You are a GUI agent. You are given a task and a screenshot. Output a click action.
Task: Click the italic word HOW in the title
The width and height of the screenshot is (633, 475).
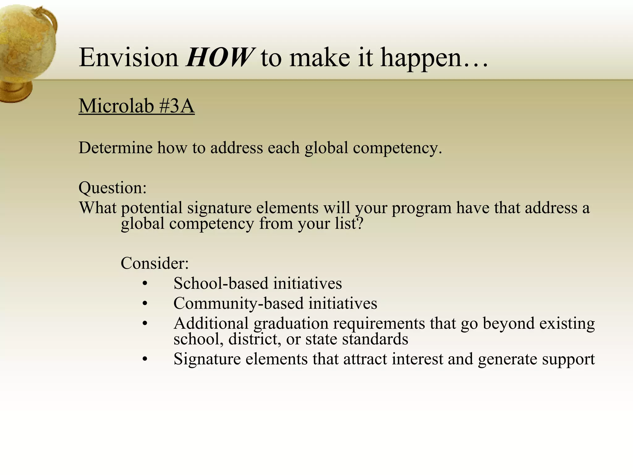coord(220,58)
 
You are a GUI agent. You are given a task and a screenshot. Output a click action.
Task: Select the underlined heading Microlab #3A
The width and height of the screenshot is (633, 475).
coord(136,106)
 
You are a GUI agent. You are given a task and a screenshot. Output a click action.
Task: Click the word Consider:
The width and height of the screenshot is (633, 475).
coord(155,263)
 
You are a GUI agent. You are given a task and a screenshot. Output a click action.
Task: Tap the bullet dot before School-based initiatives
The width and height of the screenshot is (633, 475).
coord(145,284)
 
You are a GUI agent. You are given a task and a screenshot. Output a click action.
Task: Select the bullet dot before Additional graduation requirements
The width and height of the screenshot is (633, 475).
coord(145,323)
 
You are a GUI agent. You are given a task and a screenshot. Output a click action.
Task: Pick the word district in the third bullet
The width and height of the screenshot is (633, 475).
coord(254,339)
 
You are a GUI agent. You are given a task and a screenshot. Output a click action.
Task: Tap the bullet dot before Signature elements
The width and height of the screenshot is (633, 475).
coord(145,359)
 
